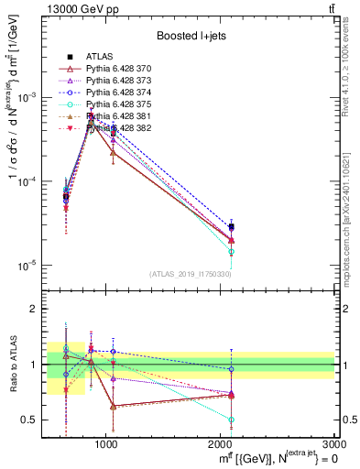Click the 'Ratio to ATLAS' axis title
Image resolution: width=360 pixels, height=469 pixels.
14,364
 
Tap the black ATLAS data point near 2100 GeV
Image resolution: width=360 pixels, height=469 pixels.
232,226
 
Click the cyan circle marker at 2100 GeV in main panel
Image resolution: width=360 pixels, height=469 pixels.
232,251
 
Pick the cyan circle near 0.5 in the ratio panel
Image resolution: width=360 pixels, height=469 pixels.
232,420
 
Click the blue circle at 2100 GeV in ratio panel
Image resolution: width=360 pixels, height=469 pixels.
232,369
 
